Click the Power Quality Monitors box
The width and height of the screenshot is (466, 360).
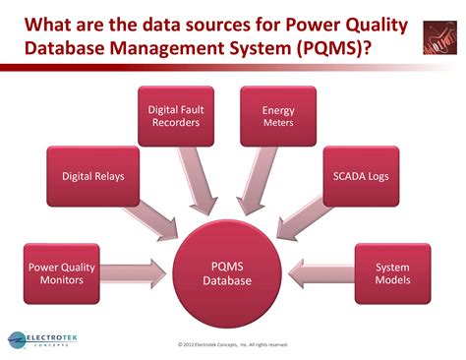coord(61,272)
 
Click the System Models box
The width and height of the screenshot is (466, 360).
coord(393,272)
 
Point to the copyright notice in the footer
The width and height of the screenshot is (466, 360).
coord(233,344)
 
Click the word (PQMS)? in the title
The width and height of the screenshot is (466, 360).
coord(339,48)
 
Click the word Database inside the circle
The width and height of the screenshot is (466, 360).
coord(228,280)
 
